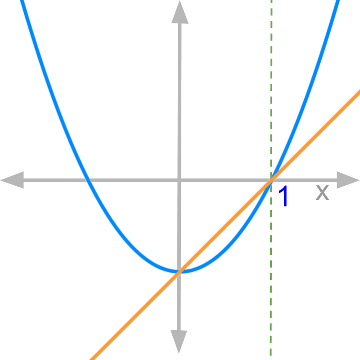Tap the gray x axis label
(322, 193)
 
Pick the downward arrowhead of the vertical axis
(179, 344)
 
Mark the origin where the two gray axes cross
(180, 180)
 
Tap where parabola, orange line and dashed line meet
(271, 180)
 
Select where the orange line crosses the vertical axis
(179, 271)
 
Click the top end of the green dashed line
(271, 2)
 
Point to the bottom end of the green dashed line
(271, 358)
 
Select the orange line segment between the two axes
(225, 226)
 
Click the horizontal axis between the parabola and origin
(135, 180)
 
